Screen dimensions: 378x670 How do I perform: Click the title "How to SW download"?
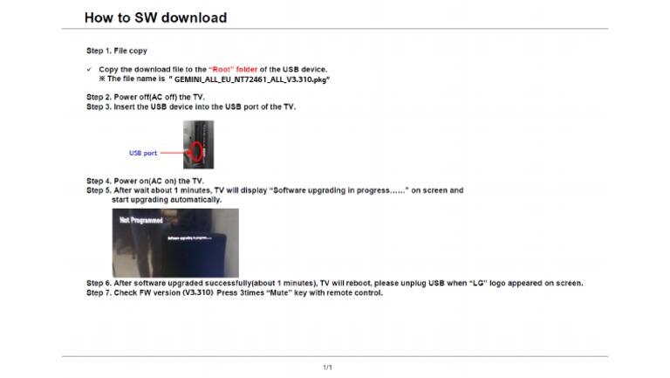pyautogui.click(x=155, y=17)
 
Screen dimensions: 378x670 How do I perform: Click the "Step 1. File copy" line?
pyautogui.click(x=117, y=51)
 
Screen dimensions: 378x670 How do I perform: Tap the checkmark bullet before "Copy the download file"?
pyautogui.click(x=89, y=69)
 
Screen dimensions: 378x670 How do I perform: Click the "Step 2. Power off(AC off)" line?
pyautogui.click(x=145, y=97)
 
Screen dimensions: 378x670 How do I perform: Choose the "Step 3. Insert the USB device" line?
pyautogui.click(x=191, y=107)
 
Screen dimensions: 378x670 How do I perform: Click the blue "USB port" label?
pyautogui.click(x=143, y=153)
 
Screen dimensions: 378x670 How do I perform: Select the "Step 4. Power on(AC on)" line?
pyautogui.click(x=144, y=181)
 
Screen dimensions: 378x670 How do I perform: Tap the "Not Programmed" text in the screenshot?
pyautogui.click(x=140, y=220)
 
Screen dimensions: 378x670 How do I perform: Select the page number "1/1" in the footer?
pyautogui.click(x=328, y=367)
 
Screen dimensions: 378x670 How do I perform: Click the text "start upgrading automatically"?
pyautogui.click(x=167, y=200)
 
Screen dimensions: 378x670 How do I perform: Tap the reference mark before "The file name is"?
pyautogui.click(x=103, y=79)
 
